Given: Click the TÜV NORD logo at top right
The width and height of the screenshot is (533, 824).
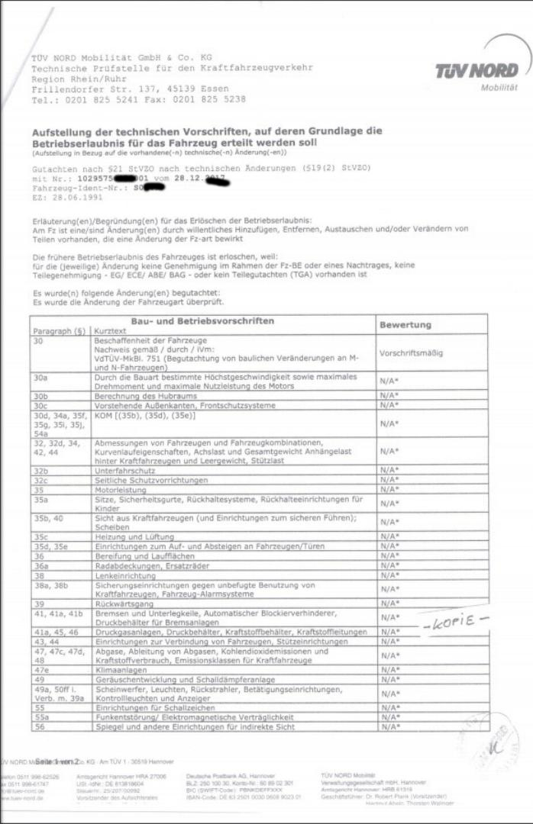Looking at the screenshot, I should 476,74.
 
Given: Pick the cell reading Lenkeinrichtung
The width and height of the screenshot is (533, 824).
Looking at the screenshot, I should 126,575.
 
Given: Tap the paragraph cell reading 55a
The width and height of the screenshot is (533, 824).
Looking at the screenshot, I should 41,718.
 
